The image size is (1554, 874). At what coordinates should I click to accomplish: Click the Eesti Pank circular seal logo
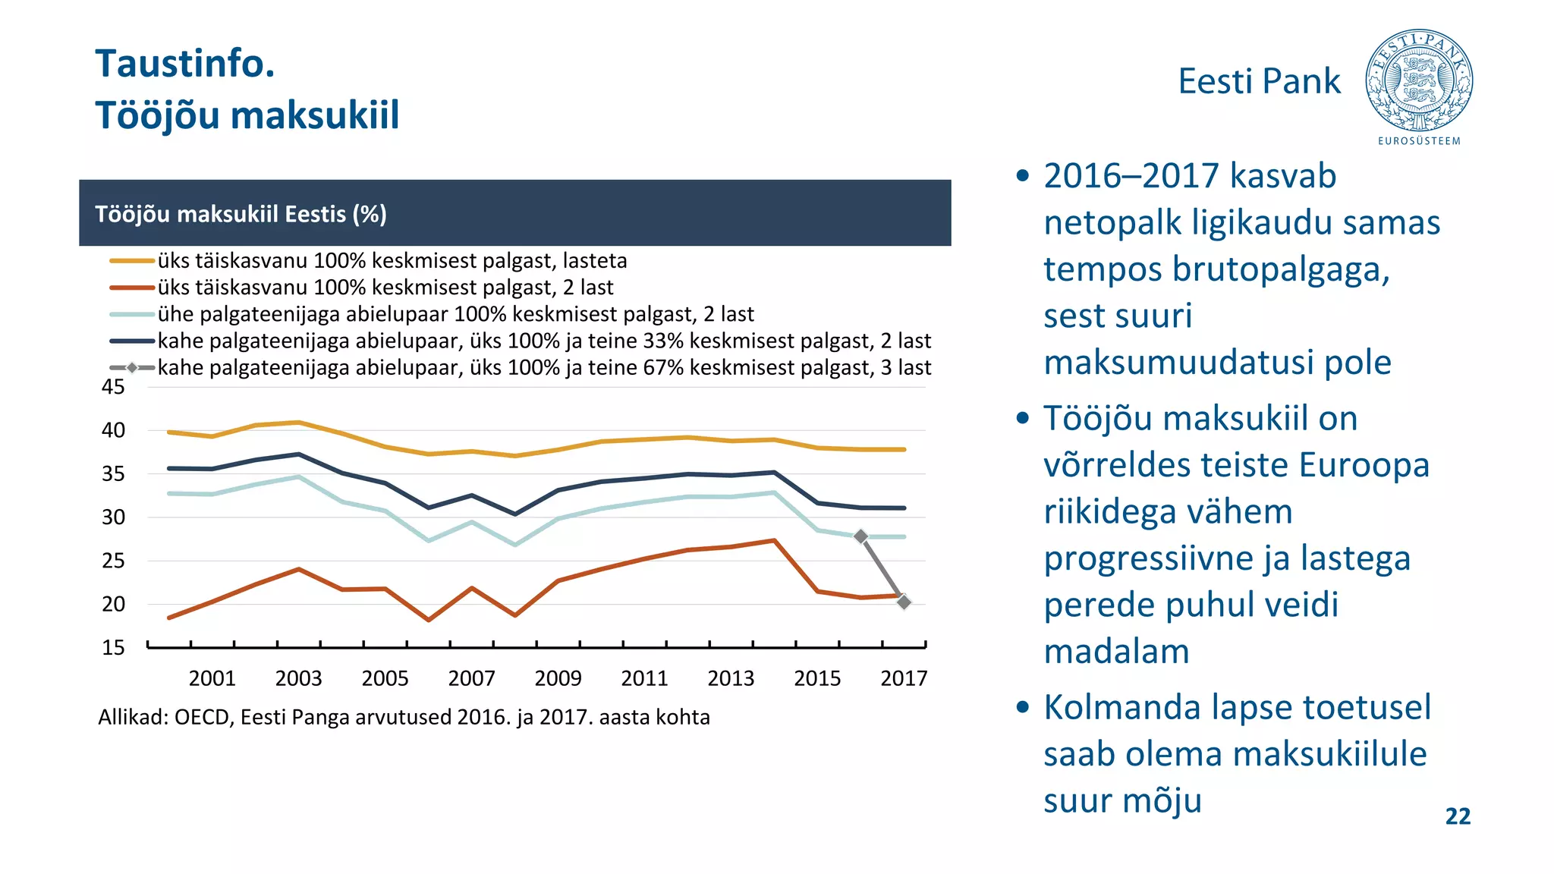[x=1419, y=80]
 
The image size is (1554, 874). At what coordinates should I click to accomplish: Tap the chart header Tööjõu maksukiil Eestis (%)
[x=241, y=214]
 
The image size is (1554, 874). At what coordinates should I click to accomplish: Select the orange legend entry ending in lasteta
[x=392, y=261]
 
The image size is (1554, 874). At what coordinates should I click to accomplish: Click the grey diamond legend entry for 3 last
[x=543, y=368]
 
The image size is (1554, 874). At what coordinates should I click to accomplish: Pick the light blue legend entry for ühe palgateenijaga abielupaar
[x=455, y=314]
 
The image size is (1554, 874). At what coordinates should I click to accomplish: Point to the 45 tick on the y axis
[x=113, y=387]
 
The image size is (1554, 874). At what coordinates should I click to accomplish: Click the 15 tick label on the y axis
[x=113, y=648]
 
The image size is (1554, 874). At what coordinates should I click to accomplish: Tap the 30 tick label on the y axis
[x=113, y=517]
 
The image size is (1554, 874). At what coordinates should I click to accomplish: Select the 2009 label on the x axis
[x=558, y=678]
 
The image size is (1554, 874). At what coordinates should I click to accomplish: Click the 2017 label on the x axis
[x=903, y=678]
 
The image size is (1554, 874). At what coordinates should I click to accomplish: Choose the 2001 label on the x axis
[x=212, y=678]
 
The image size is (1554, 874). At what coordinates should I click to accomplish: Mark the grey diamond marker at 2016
[x=860, y=536]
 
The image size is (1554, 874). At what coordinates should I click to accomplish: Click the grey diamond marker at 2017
[x=904, y=602]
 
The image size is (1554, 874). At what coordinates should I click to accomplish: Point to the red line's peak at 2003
[x=298, y=569]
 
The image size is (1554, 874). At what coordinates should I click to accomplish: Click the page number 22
[x=1458, y=816]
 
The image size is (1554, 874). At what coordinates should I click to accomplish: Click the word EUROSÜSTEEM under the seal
[x=1419, y=141]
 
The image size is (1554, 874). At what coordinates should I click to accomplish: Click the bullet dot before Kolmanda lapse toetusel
[x=1023, y=708]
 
